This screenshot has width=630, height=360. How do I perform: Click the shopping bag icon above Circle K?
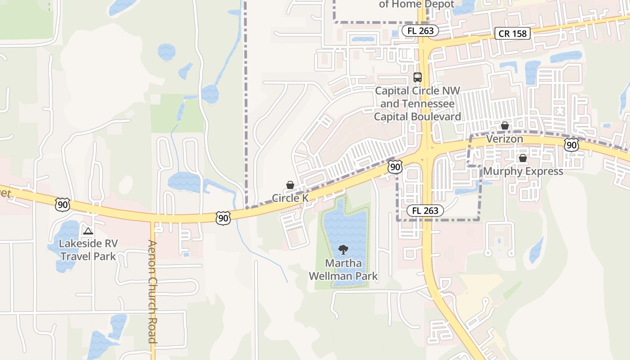(290, 185)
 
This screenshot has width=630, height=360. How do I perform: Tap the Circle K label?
(290, 198)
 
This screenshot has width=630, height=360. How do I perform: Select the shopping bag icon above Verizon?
(505, 126)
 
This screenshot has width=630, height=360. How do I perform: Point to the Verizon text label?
(504, 139)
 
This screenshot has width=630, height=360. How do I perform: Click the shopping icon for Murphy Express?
(523, 158)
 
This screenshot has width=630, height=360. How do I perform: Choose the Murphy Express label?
(523, 171)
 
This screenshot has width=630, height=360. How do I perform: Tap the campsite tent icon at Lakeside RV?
(88, 231)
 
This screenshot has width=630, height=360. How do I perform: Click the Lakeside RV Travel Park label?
(88, 250)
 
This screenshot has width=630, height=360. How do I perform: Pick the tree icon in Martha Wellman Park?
(343, 249)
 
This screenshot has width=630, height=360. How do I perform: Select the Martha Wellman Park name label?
(343, 269)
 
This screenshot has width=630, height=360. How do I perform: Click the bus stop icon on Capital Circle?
(418, 77)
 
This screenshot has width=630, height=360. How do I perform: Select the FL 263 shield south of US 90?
(425, 210)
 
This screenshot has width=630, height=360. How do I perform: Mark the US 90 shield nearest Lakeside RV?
(63, 205)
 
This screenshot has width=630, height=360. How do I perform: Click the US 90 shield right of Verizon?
(571, 144)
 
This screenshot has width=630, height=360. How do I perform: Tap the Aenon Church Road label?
(152, 292)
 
